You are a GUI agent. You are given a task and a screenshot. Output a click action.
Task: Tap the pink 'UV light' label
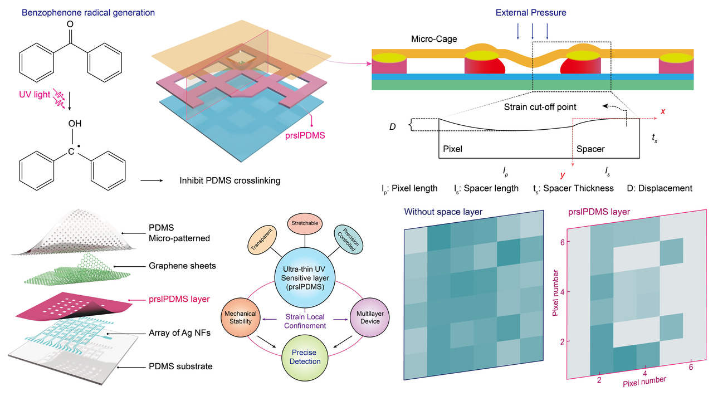tap(35, 95)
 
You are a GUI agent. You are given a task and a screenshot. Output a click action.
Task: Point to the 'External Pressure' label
tap(533, 12)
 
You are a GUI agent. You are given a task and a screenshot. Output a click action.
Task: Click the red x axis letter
tap(663, 111)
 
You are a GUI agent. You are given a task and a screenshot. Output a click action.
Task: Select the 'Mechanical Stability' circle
tap(240, 317)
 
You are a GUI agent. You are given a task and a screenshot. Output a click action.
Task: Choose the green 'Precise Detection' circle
tap(304, 356)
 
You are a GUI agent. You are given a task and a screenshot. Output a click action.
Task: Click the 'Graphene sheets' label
tap(183, 266)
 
